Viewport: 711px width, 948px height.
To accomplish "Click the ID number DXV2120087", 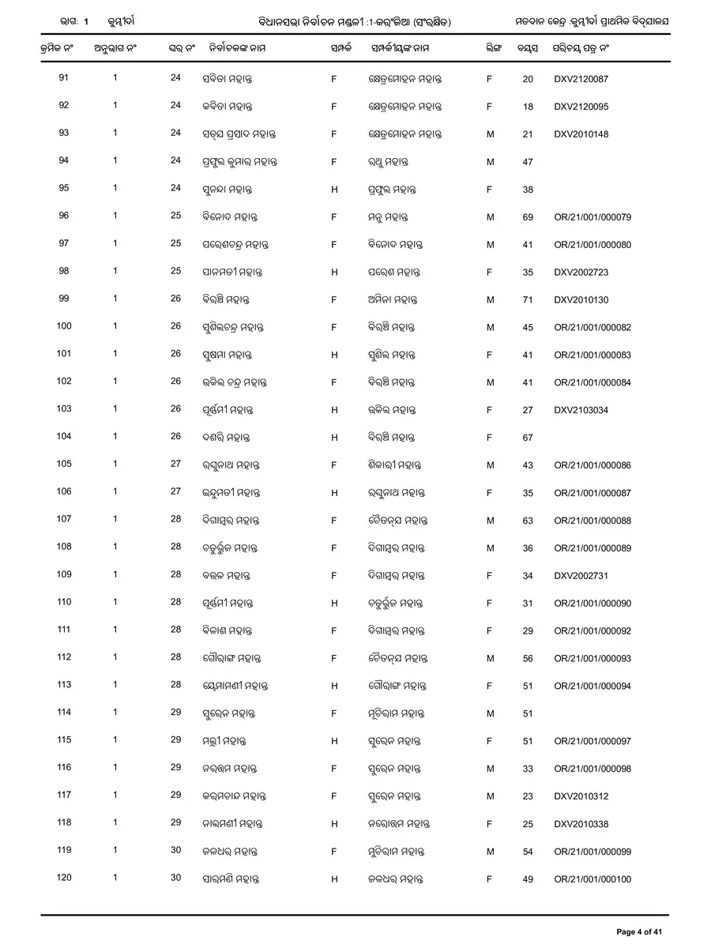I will [x=581, y=79].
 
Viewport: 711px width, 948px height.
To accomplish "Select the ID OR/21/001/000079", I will [x=592, y=217].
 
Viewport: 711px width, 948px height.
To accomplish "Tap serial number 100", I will [x=64, y=326].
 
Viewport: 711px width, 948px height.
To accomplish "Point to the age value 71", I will [x=528, y=300].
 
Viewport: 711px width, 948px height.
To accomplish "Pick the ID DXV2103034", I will [x=581, y=410].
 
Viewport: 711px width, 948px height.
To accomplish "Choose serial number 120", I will [x=64, y=878].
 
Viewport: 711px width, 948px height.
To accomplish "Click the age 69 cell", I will [x=528, y=217].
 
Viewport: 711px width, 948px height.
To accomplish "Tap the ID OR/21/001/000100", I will [x=592, y=879].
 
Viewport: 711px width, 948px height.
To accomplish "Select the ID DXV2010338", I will [x=581, y=824].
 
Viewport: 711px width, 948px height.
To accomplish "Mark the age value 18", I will [x=528, y=107].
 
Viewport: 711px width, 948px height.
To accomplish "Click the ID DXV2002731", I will [x=581, y=576].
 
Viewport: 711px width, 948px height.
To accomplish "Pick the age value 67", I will [x=528, y=438].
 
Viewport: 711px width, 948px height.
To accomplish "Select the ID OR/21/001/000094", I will [x=592, y=686].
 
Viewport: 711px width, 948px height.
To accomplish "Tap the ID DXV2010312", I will [x=581, y=796].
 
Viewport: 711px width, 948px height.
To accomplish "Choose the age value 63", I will [x=528, y=521].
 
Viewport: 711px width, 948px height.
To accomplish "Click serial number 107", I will [x=64, y=519].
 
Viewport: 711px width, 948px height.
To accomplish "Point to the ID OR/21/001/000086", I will [x=592, y=465].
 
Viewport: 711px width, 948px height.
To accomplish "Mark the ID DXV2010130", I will [x=581, y=300].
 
